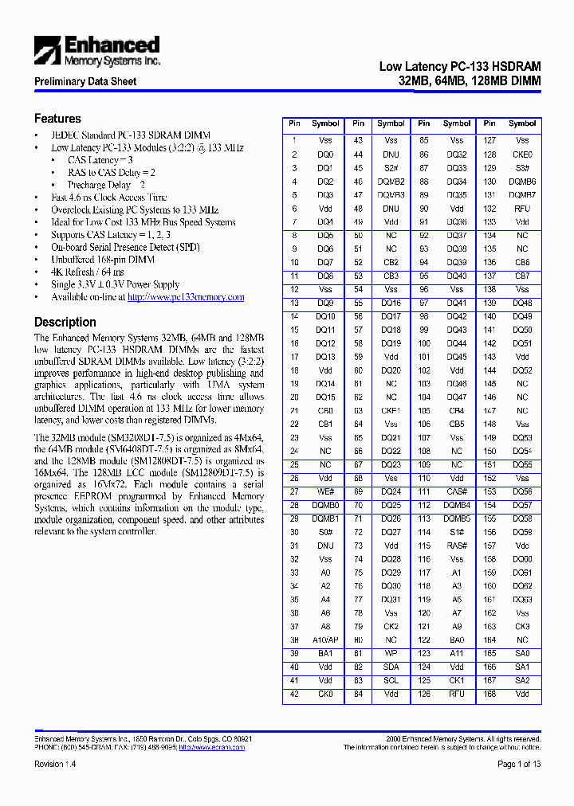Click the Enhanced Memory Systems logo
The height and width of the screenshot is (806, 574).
[96, 51]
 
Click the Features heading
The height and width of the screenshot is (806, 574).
[57, 119]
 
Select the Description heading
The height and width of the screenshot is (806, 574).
[65, 323]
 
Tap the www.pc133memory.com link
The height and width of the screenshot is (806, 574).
[186, 297]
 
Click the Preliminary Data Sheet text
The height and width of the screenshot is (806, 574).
[85, 81]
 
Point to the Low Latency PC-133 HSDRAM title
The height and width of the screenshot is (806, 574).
[460, 68]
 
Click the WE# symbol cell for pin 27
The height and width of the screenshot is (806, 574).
[325, 491]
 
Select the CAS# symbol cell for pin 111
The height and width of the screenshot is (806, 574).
[457, 491]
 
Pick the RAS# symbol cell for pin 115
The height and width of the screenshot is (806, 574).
[457, 546]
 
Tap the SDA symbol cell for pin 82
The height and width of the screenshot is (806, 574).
[391, 667]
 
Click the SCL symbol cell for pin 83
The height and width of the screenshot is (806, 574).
[391, 680]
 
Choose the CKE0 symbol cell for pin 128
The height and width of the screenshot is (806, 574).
[522, 155]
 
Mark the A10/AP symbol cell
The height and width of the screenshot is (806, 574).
[325, 640]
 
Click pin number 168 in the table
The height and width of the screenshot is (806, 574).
[489, 694]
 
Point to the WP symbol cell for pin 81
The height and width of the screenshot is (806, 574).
[391, 653]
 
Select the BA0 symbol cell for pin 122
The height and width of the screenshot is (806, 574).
[457, 640]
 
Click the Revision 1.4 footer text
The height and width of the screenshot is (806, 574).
[55, 764]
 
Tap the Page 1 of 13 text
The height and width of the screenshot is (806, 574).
[519, 764]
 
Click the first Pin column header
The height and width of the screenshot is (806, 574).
[294, 123]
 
